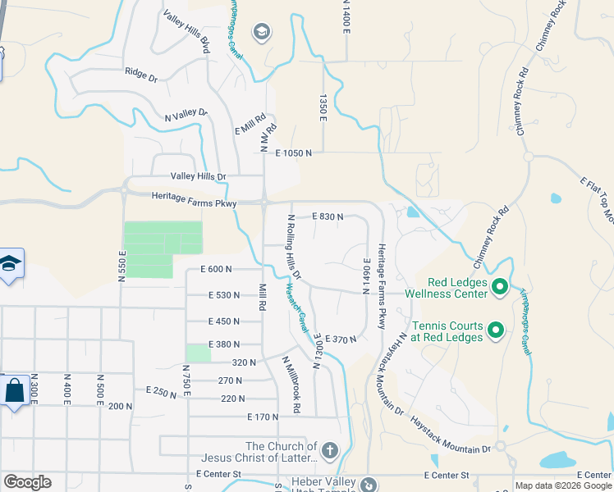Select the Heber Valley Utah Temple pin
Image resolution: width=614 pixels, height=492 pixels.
coord(369,485)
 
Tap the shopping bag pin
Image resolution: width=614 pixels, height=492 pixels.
coord(15,390)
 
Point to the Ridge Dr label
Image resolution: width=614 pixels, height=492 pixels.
coord(140,75)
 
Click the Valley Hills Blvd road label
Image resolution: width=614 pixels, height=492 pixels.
coord(187,32)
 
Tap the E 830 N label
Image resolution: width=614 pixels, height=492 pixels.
coord(327,216)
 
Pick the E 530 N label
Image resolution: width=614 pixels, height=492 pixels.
coord(224,295)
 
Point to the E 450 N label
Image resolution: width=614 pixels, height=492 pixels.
coord(224,321)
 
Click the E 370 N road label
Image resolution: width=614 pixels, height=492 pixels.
coord(341,339)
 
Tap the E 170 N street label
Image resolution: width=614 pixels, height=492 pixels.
coord(263,417)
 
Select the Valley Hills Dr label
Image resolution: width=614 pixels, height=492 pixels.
coord(198,176)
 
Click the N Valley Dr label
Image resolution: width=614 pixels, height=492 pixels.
coord(186,116)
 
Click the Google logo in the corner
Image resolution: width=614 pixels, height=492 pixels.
coord(27,482)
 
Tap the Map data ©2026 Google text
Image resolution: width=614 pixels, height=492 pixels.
coord(563,485)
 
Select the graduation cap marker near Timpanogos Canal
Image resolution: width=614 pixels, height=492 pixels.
coord(262,33)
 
